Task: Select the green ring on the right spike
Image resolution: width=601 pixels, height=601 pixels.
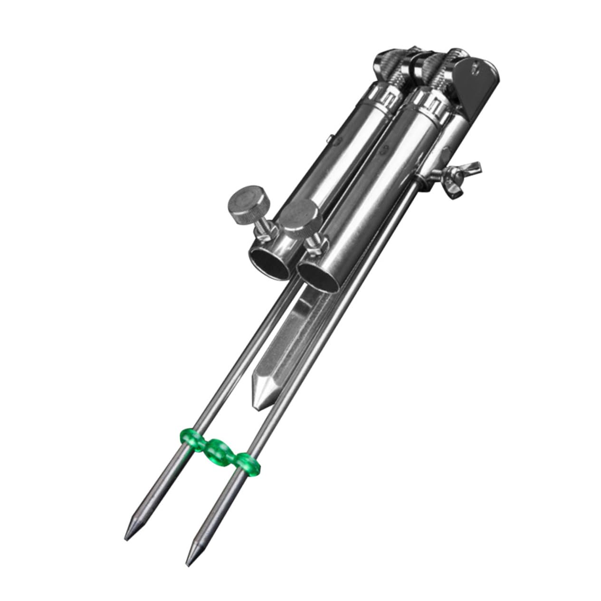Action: [x=247, y=464]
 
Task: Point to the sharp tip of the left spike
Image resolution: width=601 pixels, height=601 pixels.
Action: [x=127, y=537]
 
